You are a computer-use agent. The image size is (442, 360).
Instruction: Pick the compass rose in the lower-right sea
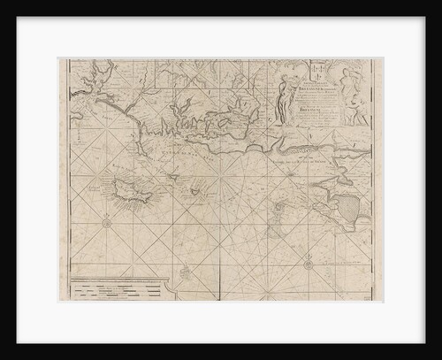point(307,263)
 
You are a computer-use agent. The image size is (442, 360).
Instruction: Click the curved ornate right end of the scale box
point(173,285)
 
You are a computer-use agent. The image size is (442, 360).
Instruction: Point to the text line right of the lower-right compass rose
point(341,262)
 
